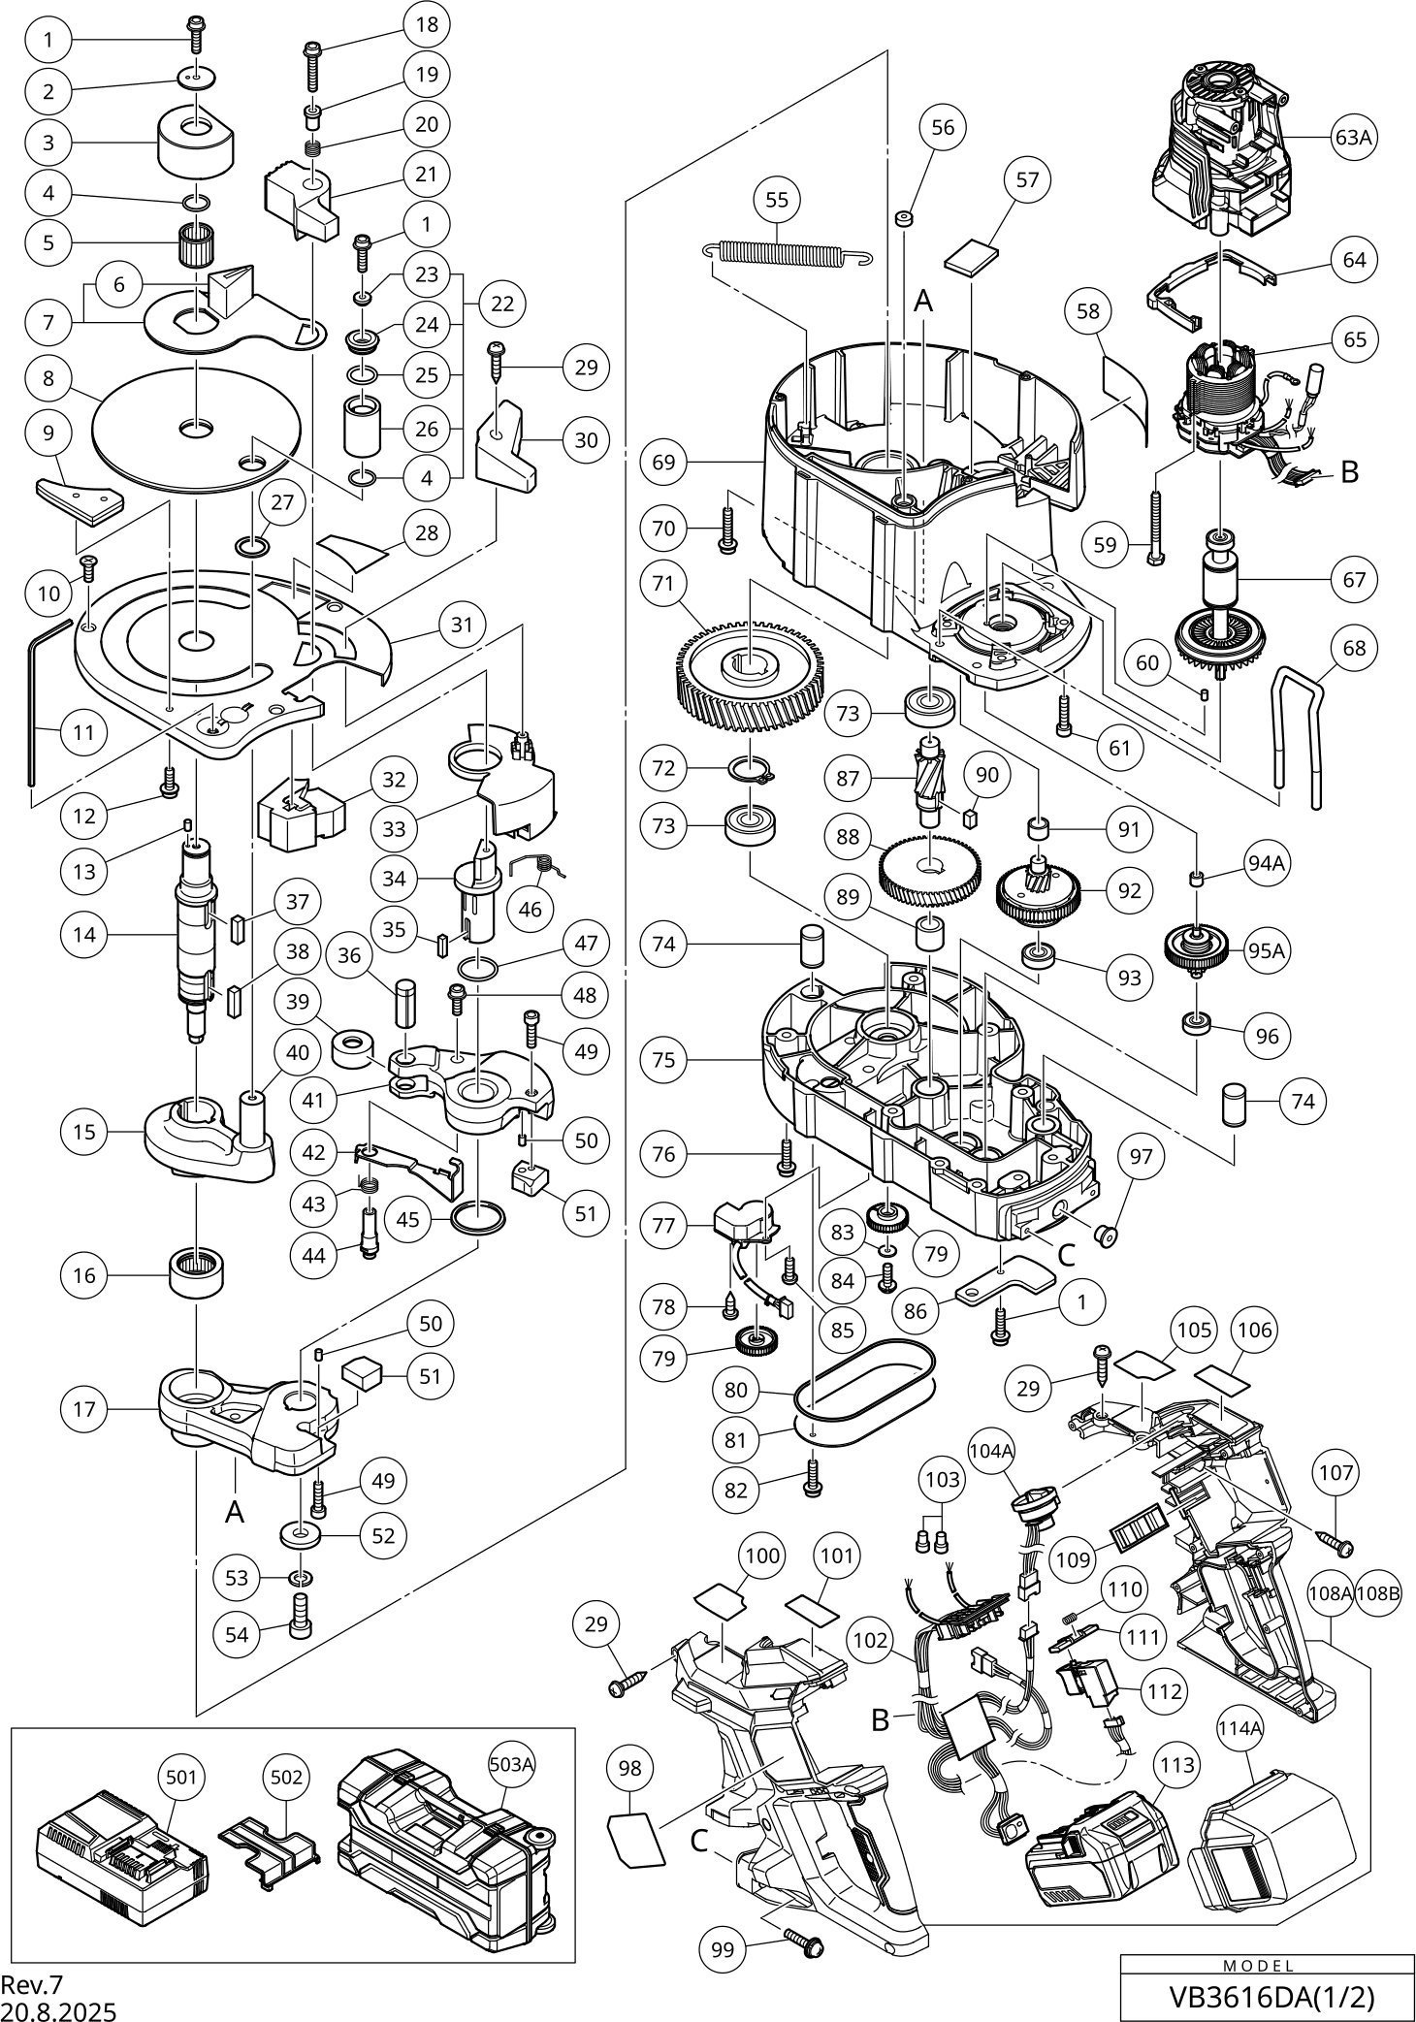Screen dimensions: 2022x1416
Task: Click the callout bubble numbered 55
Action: coord(777,201)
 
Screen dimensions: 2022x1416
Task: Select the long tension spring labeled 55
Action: coord(787,252)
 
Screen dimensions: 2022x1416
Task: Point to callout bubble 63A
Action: coord(1354,138)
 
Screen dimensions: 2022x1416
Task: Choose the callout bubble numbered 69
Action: coord(663,463)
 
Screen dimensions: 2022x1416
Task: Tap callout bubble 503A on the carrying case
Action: coord(511,1763)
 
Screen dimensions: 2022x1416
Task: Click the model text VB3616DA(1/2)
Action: coord(1271,1997)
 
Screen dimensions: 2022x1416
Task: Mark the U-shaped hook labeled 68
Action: coord(1297,737)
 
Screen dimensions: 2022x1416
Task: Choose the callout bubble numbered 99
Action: coord(724,1949)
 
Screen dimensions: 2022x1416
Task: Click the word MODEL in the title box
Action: coord(1258,1966)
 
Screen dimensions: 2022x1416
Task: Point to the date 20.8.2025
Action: coord(58,2011)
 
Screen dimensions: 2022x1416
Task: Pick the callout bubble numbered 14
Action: coord(84,935)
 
